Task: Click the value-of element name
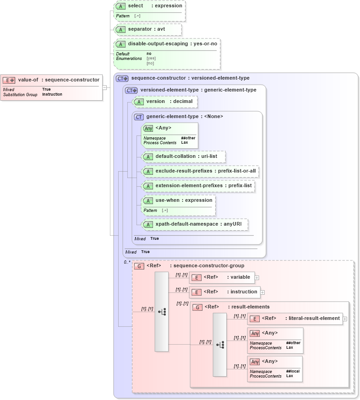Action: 28,80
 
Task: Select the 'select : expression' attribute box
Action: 155,6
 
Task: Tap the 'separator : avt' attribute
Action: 146,29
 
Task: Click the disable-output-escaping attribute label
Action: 158,44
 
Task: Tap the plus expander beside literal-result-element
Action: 344,319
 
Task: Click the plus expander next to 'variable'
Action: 256,278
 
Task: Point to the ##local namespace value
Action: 293,371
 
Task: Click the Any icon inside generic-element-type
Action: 148,128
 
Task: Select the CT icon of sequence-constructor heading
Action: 122,78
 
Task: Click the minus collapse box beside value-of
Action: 105,87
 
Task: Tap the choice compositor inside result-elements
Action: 220,345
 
